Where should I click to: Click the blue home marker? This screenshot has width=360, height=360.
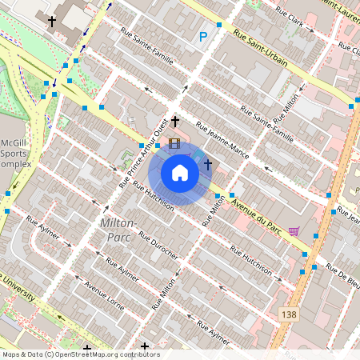click(180, 173)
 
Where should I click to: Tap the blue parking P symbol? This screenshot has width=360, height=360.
click(203, 36)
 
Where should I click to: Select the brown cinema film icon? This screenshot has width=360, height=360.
click(174, 144)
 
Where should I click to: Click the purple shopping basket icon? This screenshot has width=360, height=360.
click(294, 231)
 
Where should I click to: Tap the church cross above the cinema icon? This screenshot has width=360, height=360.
click(174, 122)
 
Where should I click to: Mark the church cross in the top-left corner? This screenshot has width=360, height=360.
click(53, 22)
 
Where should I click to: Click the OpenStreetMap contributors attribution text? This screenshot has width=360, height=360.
click(80, 354)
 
